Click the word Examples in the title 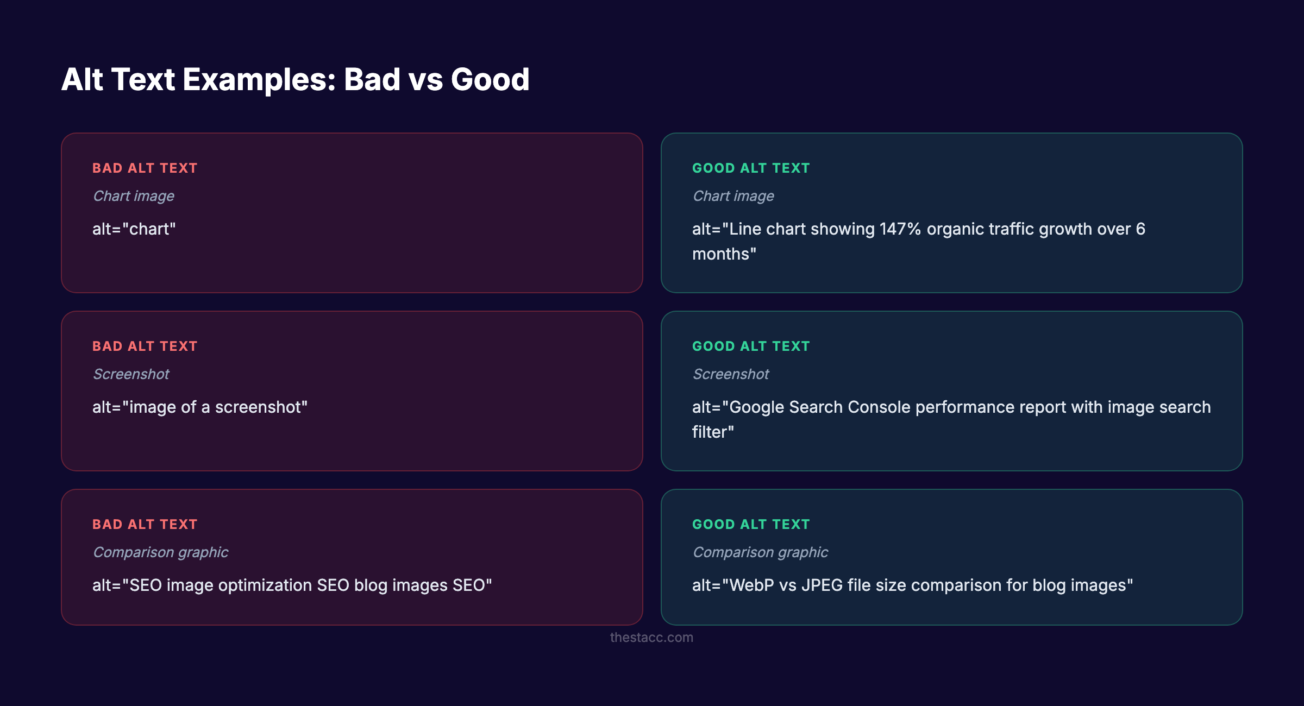tap(259, 80)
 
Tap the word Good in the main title tap(490, 80)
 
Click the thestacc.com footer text tap(651, 637)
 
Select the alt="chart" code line tap(134, 229)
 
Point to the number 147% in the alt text tap(900, 229)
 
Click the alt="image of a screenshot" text tap(199, 407)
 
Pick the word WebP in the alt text tap(751, 585)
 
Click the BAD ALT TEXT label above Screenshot tap(145, 346)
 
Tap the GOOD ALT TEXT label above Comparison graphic tap(751, 525)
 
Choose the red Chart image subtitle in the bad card tap(134, 196)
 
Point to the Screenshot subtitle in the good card tap(731, 374)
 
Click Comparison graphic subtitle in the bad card tap(160, 552)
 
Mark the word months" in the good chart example tap(724, 254)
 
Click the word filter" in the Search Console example tap(713, 432)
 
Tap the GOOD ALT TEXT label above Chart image tap(751, 168)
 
